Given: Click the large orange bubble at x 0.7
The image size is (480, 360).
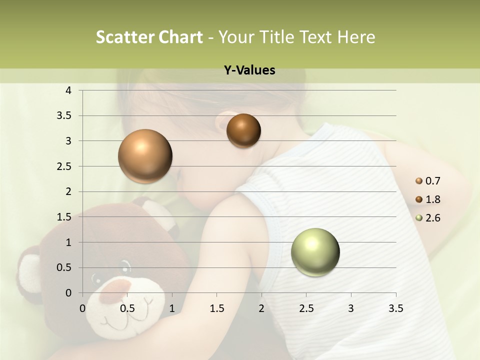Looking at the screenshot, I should (145, 156).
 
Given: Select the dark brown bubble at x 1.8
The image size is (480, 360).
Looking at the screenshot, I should (243, 130).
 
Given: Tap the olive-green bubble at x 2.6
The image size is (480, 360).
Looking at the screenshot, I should (315, 252).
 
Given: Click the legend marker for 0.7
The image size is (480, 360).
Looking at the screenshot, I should (419, 181).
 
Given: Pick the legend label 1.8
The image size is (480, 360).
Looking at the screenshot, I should (433, 199).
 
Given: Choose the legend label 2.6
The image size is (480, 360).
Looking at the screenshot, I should (433, 218).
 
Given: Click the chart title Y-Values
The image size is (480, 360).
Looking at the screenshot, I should (249, 70).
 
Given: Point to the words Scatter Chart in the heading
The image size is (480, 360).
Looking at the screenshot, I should (149, 37).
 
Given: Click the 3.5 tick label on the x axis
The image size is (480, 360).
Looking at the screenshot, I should (395, 308).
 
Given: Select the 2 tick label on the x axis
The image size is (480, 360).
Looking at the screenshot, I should (261, 308).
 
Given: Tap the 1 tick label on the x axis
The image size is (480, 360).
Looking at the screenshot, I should (172, 308).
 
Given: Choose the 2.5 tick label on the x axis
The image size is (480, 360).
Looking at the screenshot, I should (306, 308).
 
